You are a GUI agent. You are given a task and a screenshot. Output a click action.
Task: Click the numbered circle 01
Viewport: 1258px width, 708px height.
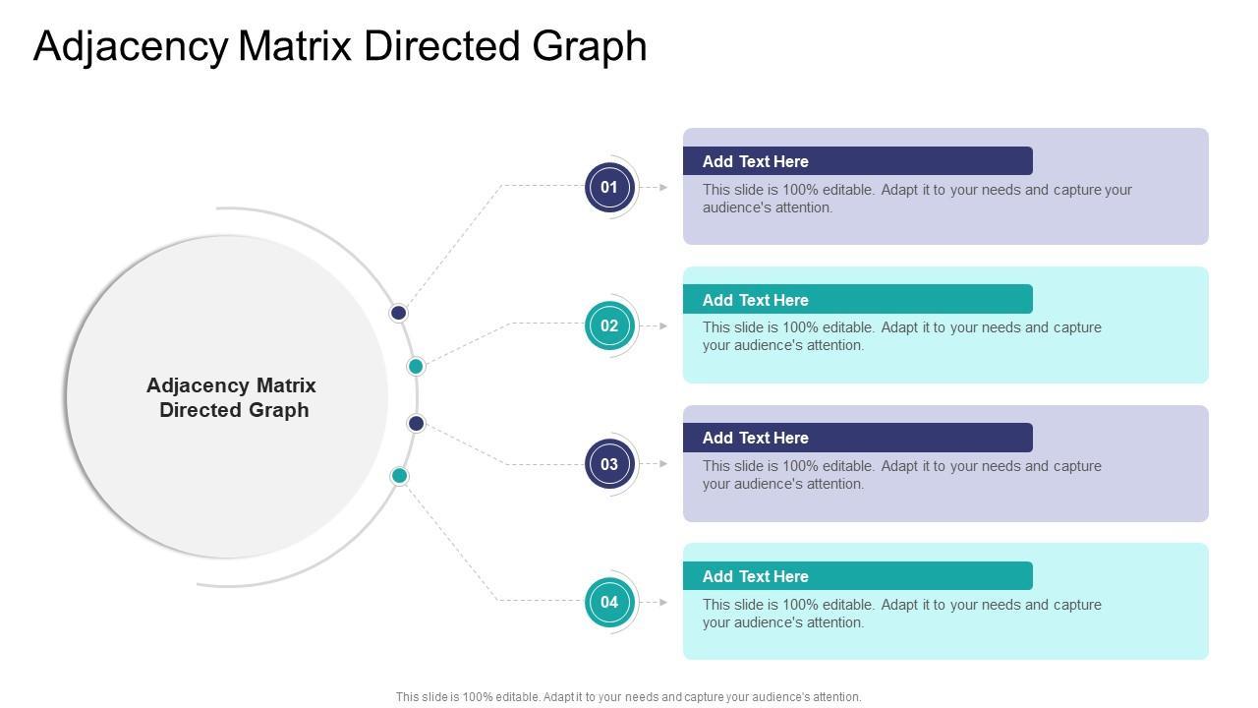tap(609, 187)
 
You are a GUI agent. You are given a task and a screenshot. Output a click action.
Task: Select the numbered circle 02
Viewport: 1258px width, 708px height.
tap(609, 325)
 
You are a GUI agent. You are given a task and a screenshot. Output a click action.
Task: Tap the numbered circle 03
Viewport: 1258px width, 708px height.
tap(609, 464)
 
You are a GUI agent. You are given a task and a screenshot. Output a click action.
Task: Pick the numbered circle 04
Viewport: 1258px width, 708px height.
tap(609, 602)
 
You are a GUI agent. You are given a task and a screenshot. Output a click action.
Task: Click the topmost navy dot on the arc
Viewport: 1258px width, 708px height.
tap(398, 313)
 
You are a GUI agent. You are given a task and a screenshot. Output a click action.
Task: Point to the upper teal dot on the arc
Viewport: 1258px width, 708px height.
tap(416, 367)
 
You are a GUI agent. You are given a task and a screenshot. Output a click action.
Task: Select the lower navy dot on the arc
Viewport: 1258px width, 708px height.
tap(416, 424)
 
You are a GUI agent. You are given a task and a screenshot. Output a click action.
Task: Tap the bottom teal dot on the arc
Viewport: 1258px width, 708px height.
tap(399, 476)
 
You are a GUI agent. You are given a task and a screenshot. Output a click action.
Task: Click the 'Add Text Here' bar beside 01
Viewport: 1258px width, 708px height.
tap(857, 161)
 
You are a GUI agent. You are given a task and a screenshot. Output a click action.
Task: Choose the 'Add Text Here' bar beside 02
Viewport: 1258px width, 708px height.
tap(857, 300)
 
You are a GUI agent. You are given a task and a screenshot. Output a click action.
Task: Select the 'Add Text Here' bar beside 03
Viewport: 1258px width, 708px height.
tap(857, 438)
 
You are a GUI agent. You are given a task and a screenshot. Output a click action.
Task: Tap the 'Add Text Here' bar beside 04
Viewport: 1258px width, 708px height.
tap(857, 576)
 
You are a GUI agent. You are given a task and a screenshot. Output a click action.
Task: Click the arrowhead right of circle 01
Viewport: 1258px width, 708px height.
tap(664, 187)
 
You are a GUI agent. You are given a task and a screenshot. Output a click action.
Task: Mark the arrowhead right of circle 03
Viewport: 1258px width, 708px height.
tap(664, 464)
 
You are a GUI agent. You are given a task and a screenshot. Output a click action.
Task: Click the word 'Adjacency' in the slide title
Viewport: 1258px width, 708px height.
tap(131, 46)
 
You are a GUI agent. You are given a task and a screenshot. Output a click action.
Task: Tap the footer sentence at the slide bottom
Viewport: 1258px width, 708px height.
tap(629, 697)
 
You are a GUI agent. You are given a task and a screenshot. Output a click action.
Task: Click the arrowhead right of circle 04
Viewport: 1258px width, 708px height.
tap(664, 602)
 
